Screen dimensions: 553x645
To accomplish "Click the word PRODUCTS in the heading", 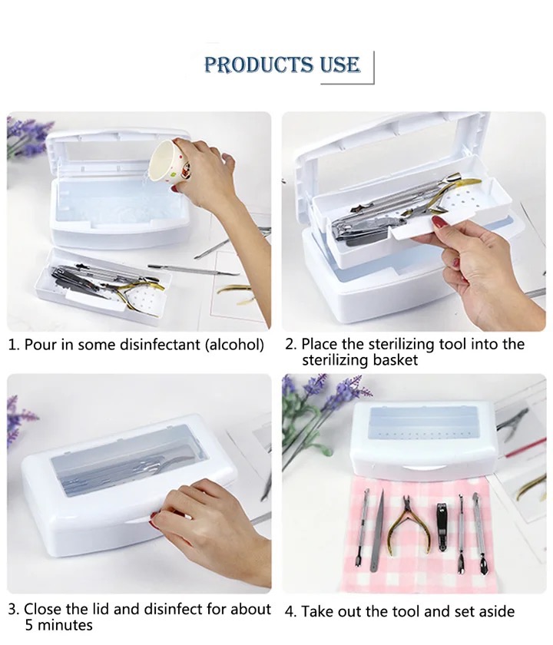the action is (x=258, y=64).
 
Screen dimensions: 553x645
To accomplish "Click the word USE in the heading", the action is (x=339, y=64).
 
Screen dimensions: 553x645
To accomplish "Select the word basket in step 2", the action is (x=396, y=360).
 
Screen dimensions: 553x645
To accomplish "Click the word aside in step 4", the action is (x=495, y=612).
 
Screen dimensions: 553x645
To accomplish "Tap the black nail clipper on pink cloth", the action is (x=442, y=526).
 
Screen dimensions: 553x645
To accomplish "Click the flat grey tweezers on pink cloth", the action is (x=377, y=531).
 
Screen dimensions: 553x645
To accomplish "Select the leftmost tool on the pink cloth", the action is (x=362, y=528).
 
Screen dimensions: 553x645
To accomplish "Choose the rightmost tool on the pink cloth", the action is (x=480, y=533).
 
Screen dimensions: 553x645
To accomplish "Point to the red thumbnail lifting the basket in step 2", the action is (x=439, y=223).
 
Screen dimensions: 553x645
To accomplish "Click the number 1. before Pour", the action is (x=14, y=345).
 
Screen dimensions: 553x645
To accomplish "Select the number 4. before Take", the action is (x=291, y=612).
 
